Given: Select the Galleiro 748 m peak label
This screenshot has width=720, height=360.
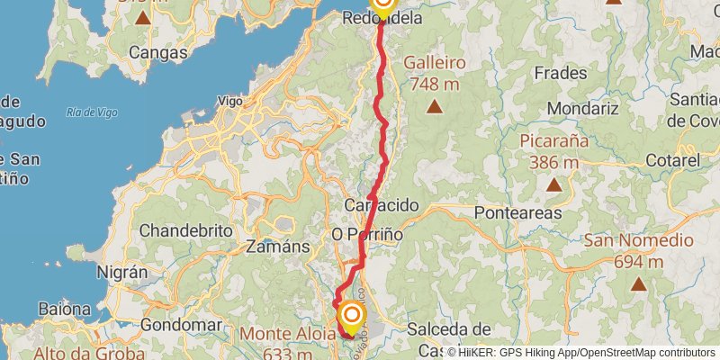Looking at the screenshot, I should click(435, 74).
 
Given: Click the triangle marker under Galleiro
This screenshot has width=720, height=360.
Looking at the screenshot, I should click(435, 107).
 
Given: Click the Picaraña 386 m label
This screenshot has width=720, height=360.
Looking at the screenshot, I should click(553, 151).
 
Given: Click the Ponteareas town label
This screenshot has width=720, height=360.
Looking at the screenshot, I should click(517, 213).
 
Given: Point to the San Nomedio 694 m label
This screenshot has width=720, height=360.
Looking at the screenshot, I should click(639, 251).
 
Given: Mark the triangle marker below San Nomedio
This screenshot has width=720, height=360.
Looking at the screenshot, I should click(639, 284).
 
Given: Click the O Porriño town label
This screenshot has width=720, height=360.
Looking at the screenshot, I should click(367, 234).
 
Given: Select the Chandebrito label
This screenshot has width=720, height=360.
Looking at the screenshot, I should click(186, 229).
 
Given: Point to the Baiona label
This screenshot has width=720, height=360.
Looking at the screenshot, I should click(64, 310).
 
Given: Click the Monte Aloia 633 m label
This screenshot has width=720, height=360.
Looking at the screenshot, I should click(288, 343).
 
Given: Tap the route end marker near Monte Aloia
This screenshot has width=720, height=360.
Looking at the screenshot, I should click(352, 317).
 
